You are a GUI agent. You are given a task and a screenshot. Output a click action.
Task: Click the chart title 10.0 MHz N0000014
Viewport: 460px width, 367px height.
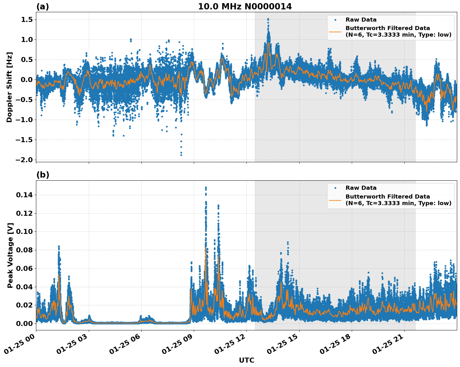coord(245,7)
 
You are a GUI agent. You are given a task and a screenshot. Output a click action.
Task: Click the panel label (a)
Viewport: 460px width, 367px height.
coord(43,7)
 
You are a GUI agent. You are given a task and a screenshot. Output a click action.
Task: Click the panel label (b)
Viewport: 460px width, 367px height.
coord(43,175)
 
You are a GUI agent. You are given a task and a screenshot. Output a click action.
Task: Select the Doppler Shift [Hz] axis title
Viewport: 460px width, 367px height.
coord(9,87)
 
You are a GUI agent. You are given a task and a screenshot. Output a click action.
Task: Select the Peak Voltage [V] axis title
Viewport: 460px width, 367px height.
coord(10,255)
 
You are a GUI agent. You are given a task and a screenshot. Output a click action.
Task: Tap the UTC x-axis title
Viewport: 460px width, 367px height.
coord(246,360)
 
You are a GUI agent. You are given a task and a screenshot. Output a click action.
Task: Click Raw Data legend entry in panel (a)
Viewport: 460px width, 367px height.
coord(361,20)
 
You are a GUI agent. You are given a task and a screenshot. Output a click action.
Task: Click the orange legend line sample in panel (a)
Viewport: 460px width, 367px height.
coord(335,31)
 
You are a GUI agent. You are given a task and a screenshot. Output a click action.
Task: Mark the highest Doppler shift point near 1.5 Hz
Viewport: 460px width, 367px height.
coord(268,19)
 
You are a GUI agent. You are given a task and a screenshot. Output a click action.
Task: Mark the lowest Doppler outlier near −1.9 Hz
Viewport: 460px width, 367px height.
coord(181,155)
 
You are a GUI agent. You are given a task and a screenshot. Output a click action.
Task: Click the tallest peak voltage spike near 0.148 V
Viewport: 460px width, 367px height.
coord(206,188)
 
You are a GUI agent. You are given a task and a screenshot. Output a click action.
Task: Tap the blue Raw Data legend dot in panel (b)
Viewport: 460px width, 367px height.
coord(335,188)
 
